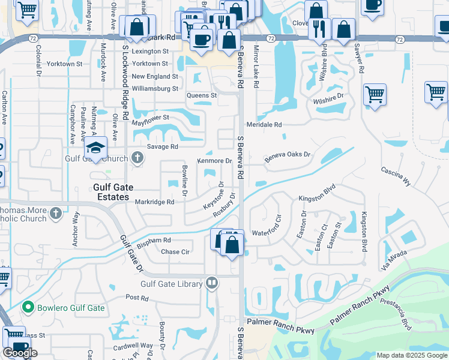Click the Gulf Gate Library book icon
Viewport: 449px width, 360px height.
[211, 283]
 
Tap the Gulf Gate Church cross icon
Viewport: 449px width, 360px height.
[137, 158]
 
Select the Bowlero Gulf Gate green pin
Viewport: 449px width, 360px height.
[27, 307]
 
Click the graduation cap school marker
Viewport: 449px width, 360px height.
[95, 146]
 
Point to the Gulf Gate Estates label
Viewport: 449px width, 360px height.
[112, 192]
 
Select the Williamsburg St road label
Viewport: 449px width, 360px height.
[155, 89]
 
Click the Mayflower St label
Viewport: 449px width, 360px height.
[151, 118]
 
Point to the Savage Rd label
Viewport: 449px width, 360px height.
[163, 146]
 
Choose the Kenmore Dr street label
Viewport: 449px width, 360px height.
[214, 161]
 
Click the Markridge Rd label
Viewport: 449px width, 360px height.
[154, 202]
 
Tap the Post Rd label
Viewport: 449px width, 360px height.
[137, 298]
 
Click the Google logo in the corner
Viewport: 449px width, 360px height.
[20, 353]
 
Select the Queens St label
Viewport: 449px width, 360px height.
[202, 95]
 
